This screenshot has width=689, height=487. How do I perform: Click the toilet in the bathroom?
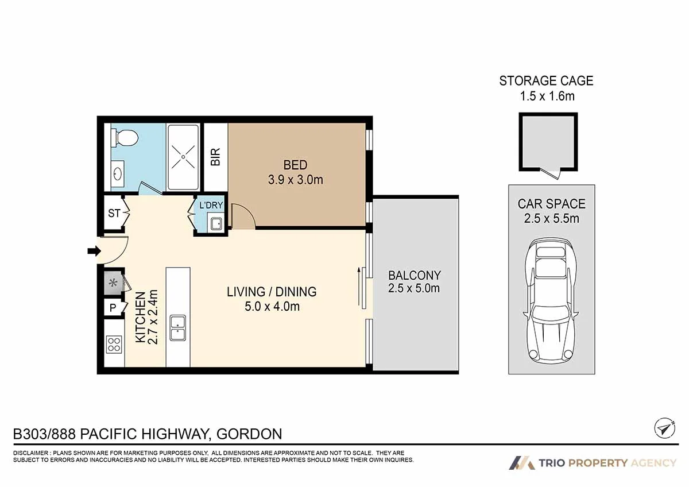point(125,138)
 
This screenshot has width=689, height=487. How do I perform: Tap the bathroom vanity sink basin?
point(118,174)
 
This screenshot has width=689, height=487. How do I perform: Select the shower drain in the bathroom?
point(183,157)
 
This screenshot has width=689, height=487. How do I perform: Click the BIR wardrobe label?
point(216,157)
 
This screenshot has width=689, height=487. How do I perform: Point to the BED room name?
point(295,165)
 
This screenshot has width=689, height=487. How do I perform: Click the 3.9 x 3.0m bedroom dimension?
point(296,180)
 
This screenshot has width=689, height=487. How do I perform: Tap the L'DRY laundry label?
point(211,205)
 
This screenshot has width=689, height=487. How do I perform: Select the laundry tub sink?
point(216,224)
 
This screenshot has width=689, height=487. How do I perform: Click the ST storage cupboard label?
point(114,213)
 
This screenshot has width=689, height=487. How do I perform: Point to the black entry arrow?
point(94,251)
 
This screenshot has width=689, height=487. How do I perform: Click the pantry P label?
point(113,307)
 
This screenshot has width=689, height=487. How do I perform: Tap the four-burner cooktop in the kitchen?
point(114,344)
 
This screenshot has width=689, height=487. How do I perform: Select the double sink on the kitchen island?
point(178,328)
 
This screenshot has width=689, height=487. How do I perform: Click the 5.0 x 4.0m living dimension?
point(272,307)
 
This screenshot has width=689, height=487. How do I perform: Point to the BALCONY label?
point(415,275)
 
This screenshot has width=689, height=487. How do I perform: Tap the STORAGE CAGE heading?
point(546,81)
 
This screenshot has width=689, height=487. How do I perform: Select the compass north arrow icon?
point(665,428)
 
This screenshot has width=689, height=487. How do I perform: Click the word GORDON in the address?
point(249,434)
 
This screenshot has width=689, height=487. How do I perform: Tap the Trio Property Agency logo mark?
point(522,463)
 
